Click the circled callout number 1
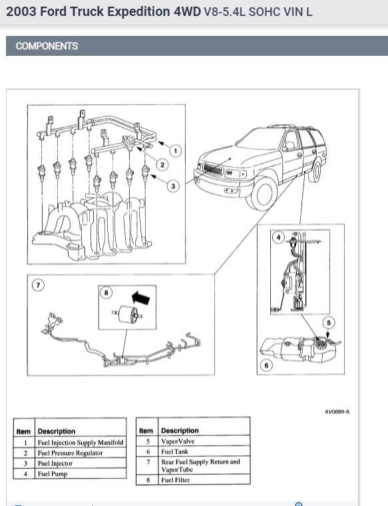pyautogui.click(x=176, y=151)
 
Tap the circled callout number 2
pyautogui.click(x=162, y=165)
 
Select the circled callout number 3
pyautogui.click(x=173, y=186)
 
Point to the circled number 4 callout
pyautogui.click(x=278, y=237)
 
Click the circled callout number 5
pyautogui.click(x=329, y=322)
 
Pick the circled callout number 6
pyautogui.click(x=266, y=365)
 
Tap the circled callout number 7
pyautogui.click(x=38, y=285)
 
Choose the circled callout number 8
pyautogui.click(x=106, y=293)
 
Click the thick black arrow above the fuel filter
pyautogui.click(x=141, y=297)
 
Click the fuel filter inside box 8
pyautogui.click(x=128, y=315)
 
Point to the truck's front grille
pyautogui.click(x=213, y=169)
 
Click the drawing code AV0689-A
pyautogui.click(x=337, y=412)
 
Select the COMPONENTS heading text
pyautogui.click(x=47, y=46)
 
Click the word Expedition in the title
pyautogui.click(x=138, y=11)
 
